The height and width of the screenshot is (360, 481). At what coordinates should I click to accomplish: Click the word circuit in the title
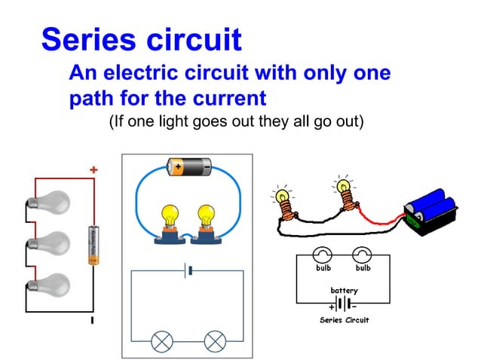tap(195, 39)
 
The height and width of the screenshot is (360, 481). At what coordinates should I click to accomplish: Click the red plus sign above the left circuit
tap(93, 170)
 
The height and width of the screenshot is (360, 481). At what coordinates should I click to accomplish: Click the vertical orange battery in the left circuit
tap(93, 245)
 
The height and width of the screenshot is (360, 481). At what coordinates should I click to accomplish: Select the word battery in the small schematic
tap(344, 290)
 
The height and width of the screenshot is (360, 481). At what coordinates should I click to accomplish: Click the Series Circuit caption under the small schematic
tap(344, 320)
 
